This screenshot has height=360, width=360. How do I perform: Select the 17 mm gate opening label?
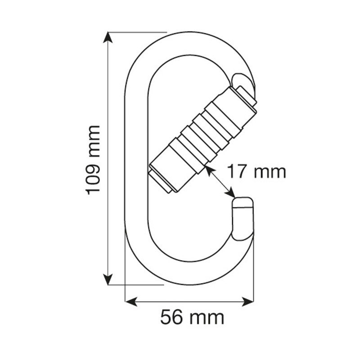256,171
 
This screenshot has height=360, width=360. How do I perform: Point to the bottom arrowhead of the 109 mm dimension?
108,280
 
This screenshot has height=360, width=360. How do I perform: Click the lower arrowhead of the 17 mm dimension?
231,193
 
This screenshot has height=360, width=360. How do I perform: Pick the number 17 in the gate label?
235,171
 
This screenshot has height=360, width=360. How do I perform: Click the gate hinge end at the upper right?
245,92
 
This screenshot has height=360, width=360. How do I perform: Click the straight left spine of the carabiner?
135,157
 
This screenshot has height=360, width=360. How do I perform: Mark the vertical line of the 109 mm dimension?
108,112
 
